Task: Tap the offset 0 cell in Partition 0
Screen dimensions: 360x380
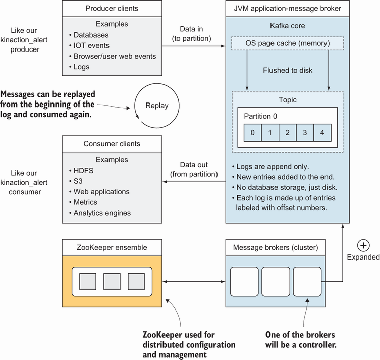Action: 253,133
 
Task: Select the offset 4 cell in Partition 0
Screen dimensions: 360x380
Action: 322,133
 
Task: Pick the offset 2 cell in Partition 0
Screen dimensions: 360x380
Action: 288,133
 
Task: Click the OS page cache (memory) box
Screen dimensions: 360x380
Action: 288,43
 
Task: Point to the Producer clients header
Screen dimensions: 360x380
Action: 112,8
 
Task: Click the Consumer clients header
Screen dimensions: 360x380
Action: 112,144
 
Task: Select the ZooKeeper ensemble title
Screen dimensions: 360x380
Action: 112,247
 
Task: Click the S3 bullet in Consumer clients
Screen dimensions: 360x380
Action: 79,181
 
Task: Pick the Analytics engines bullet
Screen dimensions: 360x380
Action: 102,213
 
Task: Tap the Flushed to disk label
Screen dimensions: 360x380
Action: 288,70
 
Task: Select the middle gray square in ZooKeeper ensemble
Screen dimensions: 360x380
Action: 112,281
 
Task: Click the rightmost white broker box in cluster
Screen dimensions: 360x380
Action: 307,281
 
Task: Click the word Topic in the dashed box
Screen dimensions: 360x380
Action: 288,99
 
